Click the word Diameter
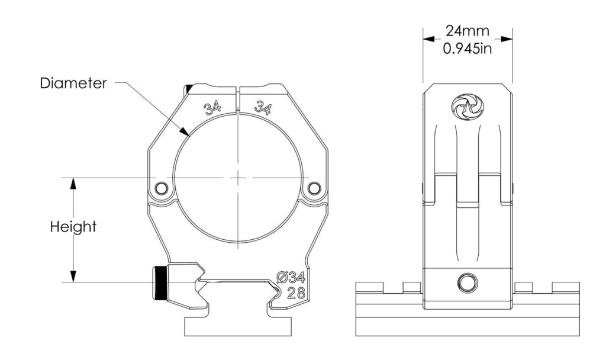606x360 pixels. click(73, 83)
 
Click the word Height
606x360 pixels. click(73, 227)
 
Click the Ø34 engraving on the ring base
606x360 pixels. click(291, 277)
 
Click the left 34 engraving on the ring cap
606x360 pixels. click(212, 108)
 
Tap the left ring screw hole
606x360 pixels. click(160, 189)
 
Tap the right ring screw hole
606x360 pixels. click(313, 189)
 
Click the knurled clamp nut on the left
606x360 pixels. click(159, 283)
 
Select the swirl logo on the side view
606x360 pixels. click(467, 107)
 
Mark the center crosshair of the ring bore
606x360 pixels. click(237, 177)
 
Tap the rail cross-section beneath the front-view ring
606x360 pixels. click(239, 326)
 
